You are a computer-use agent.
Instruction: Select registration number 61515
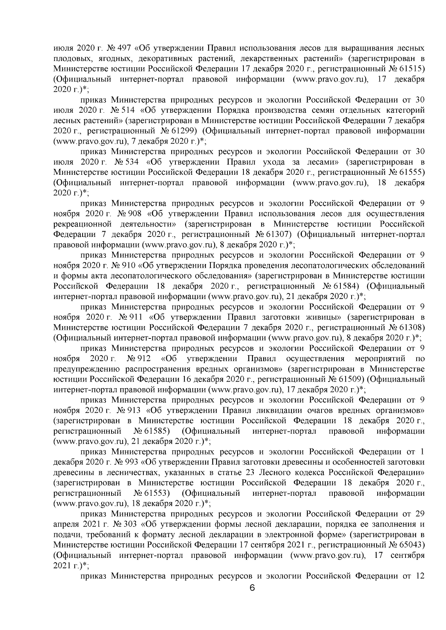(x=411, y=69)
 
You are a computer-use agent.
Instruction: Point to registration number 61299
(x=185, y=131)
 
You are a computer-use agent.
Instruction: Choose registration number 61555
(x=411, y=173)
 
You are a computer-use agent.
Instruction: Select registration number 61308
(x=411, y=328)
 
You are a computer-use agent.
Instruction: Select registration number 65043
(x=411, y=545)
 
